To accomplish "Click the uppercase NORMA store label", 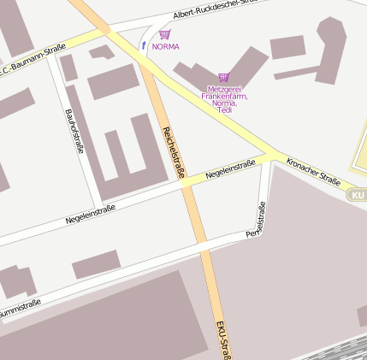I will pos(165,46).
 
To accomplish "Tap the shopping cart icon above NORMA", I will pos(164,35).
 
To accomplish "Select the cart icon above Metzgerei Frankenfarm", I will pos(224,77).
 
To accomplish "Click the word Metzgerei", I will pos(225,88).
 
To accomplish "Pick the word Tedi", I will pos(225,110).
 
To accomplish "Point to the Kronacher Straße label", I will pos(313,171).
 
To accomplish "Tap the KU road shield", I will pos(358,196).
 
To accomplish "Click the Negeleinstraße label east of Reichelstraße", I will pos(230,170).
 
